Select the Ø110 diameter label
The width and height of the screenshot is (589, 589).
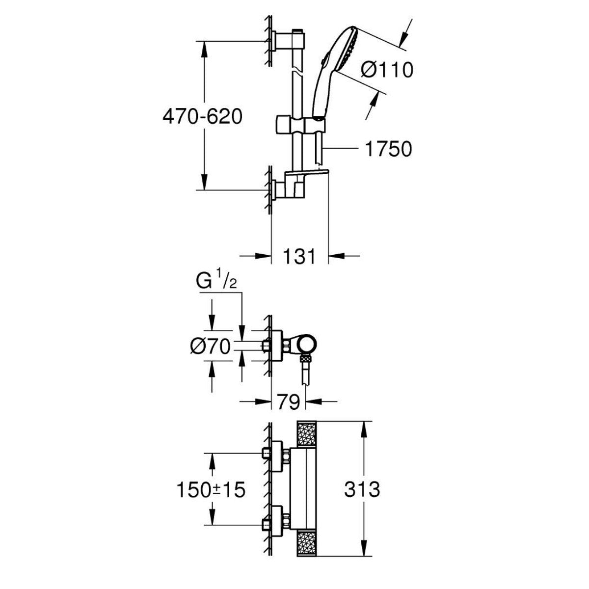(387, 70)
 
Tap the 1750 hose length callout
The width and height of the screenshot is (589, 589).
(388, 149)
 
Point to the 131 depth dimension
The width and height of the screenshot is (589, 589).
(299, 256)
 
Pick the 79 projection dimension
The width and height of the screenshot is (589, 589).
(288, 402)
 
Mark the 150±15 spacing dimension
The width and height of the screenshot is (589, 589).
(211, 489)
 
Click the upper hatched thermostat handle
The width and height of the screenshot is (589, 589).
(307, 434)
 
